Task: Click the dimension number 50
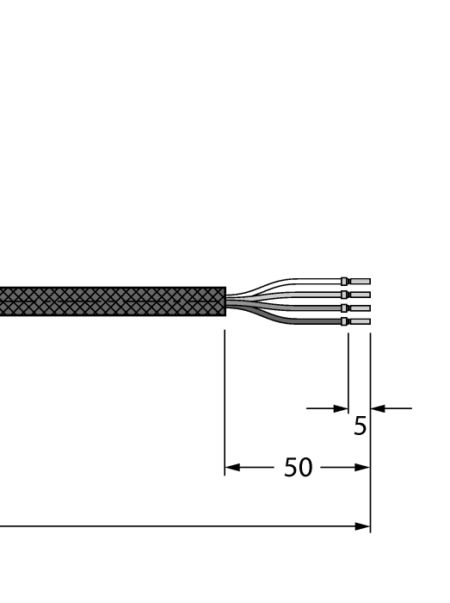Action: coord(299,469)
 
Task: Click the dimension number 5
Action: coord(361,425)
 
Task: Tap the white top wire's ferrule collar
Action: coord(345,281)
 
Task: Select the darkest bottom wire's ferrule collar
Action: coord(345,321)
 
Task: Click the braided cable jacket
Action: coord(112,301)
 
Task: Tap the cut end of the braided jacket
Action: coord(224,301)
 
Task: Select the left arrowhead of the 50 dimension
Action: coord(231,469)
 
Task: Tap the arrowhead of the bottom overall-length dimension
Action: coord(363,525)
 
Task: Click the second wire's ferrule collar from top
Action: coord(345,295)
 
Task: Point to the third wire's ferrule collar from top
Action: coord(345,308)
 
